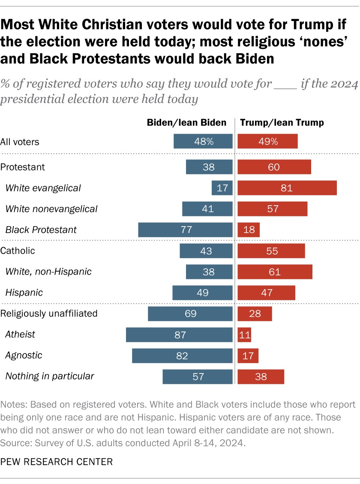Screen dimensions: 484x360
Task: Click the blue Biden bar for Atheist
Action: click(x=179, y=335)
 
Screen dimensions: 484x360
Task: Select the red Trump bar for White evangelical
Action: click(x=287, y=188)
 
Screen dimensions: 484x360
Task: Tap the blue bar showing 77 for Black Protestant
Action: click(x=185, y=230)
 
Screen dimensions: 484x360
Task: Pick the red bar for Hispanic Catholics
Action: click(x=266, y=293)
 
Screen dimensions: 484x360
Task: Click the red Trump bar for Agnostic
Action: click(x=248, y=356)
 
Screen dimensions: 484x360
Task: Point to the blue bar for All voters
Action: click(x=203, y=141)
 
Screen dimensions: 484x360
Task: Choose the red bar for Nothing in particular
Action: click(x=261, y=376)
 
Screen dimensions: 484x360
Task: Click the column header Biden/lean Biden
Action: click(x=186, y=122)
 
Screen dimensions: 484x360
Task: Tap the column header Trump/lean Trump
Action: click(x=282, y=122)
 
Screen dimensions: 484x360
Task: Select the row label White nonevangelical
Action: click(x=51, y=209)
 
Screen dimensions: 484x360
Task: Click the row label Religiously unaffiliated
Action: click(x=49, y=314)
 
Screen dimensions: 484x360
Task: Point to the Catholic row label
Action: click(x=18, y=251)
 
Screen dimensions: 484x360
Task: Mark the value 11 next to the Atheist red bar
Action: click(x=245, y=335)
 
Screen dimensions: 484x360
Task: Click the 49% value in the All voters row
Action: click(x=267, y=141)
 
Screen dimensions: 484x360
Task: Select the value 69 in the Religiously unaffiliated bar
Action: click(x=190, y=314)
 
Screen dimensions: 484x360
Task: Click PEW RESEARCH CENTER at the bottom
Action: click(x=57, y=462)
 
